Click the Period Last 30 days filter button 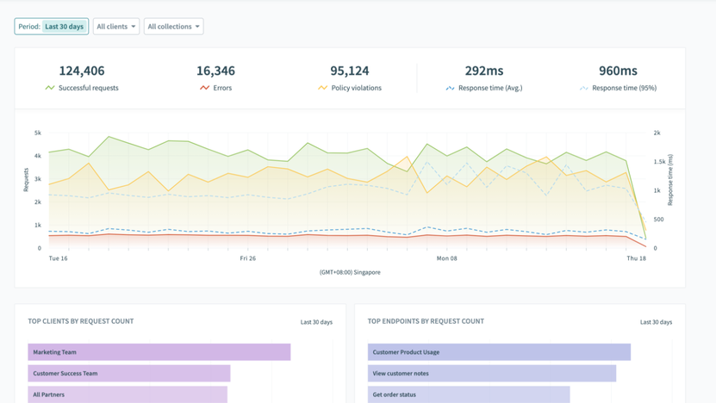(x=51, y=27)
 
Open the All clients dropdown (x=115, y=27)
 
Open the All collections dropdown (x=173, y=27)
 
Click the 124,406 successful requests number (x=82, y=71)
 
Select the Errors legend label (x=222, y=88)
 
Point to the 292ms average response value (x=483, y=71)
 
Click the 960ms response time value (x=618, y=71)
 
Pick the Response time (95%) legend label (x=624, y=88)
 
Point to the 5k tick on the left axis (x=38, y=133)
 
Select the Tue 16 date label (x=59, y=258)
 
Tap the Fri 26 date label (x=247, y=258)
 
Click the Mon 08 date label (x=447, y=258)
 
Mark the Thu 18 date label (x=636, y=258)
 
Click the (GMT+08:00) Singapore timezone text (x=350, y=272)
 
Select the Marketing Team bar (x=159, y=352)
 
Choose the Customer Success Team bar (x=129, y=374)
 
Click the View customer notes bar (x=491, y=374)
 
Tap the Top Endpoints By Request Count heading (x=426, y=321)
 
